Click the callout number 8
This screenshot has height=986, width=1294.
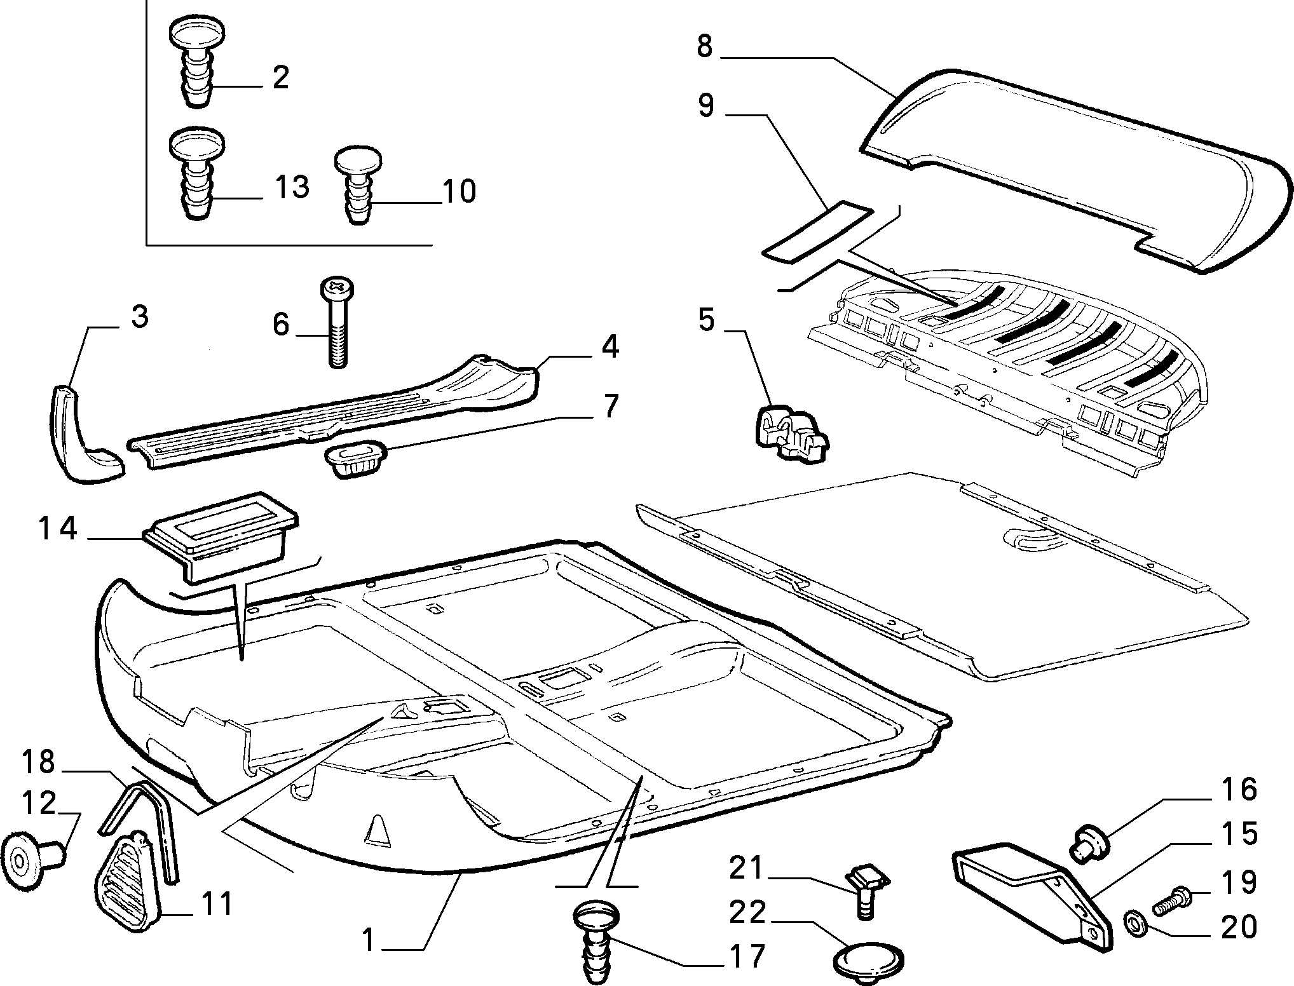[705, 47]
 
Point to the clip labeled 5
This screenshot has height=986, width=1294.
[790, 432]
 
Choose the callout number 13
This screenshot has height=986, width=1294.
[292, 187]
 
